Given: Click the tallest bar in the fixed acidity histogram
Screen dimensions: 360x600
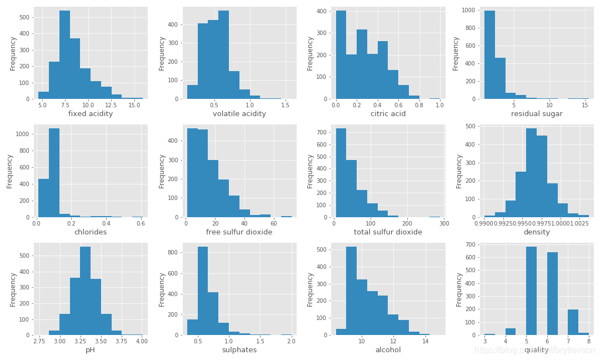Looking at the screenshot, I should tap(64, 56).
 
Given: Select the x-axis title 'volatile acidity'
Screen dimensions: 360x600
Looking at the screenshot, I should tap(239, 114).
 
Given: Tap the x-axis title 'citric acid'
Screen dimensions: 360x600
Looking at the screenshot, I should tap(388, 114).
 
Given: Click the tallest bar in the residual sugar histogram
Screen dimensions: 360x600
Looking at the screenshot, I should tap(489, 56).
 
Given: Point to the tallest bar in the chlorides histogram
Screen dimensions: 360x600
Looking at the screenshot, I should tap(54, 173).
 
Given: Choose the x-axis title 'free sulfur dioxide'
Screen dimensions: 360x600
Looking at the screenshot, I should tap(239, 232).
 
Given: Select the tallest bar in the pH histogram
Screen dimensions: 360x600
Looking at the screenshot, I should tap(85, 292).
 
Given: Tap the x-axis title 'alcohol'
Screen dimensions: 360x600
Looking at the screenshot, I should tap(388, 350).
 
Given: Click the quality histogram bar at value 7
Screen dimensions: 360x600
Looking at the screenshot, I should tap(573, 322).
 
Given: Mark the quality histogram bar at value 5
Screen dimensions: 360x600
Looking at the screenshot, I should tap(531, 292).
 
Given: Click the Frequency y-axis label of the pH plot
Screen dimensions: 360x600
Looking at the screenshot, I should tap(13, 289).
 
